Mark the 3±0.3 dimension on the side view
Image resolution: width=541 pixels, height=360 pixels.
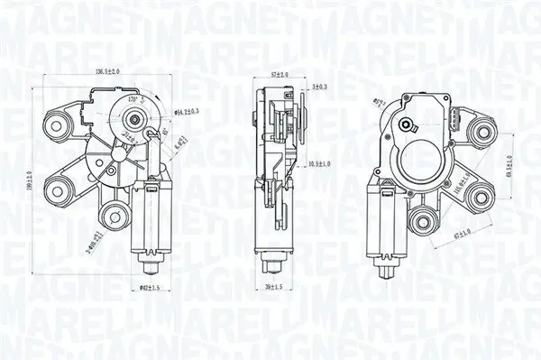click(318, 87)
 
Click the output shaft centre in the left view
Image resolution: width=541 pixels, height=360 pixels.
click(136, 116)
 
